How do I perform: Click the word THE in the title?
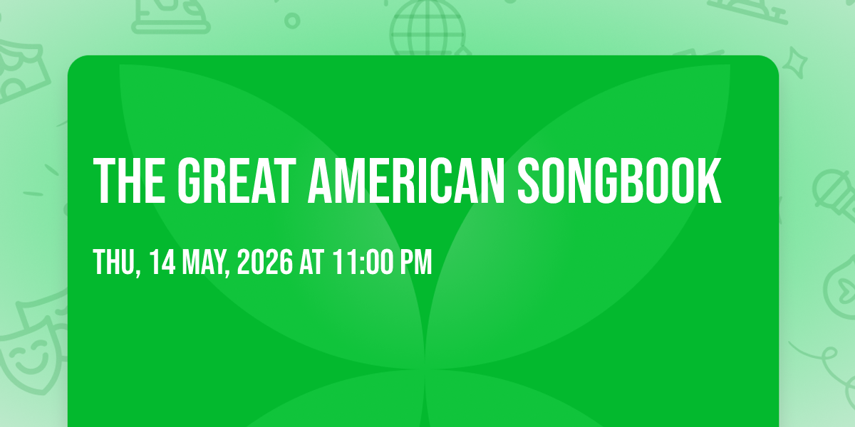click(130, 181)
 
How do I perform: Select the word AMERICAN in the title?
click(407, 181)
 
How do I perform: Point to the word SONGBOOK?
click(619, 181)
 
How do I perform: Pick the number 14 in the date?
click(162, 262)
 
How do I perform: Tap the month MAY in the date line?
click(206, 263)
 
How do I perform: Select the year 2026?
click(265, 262)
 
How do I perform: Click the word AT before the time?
click(312, 262)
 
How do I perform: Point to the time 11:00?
click(363, 262)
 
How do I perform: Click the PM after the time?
click(415, 262)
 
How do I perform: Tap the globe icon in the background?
click(427, 28)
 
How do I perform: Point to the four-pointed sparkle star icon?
click(795, 63)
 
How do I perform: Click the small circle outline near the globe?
click(292, 21)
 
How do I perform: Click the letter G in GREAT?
click(190, 181)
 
